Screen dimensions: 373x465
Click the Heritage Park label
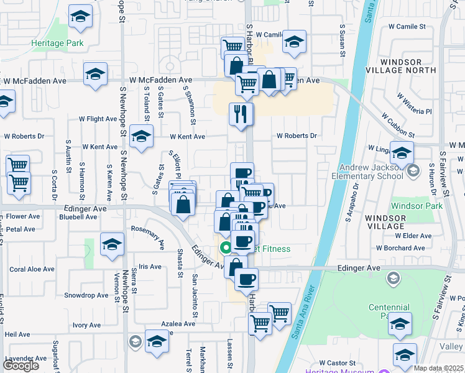(57, 44)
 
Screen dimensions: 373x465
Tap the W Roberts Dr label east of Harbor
(297, 136)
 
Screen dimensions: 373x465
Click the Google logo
(21, 365)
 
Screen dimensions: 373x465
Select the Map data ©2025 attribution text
(438, 368)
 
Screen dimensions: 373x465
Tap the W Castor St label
(337, 362)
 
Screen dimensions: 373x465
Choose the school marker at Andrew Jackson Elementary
(402, 151)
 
